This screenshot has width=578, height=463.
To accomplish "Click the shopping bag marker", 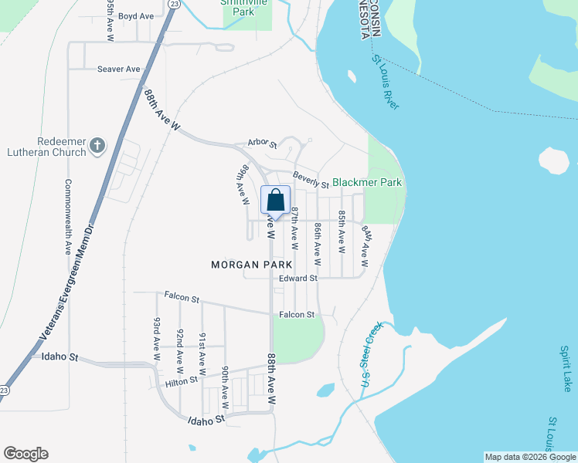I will (276, 201).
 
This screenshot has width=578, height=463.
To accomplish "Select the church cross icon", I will (97, 145).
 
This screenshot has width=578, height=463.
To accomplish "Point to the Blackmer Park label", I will (368, 183).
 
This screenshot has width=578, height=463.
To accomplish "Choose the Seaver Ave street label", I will (119, 69).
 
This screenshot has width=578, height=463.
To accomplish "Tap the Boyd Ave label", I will (136, 15).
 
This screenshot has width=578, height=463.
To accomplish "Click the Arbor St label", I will (262, 143).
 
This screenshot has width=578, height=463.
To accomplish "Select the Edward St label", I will (298, 278).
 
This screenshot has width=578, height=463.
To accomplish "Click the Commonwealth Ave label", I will (68, 218).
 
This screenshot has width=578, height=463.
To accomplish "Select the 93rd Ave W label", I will (157, 340).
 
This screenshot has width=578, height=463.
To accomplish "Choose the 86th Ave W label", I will (318, 239).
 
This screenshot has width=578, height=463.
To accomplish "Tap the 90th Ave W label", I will (225, 387).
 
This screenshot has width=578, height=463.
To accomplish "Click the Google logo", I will (25, 454).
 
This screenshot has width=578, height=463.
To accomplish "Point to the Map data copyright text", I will (530, 457).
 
